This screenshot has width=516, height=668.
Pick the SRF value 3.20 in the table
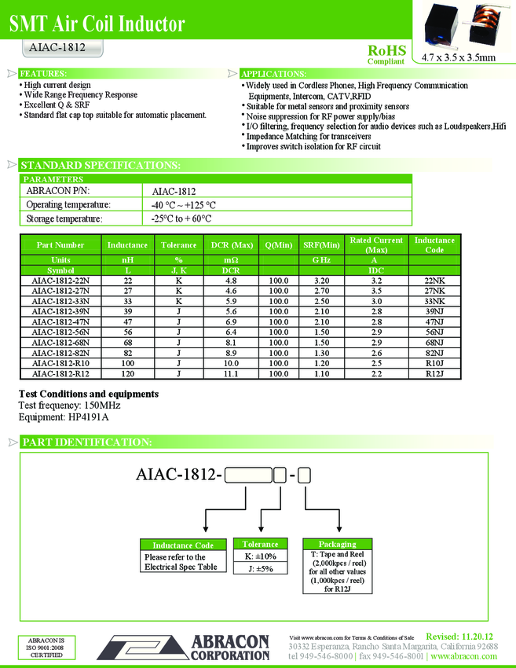[x=321, y=280]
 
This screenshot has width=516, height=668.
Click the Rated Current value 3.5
[x=376, y=290]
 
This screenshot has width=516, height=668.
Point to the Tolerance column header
[x=179, y=245]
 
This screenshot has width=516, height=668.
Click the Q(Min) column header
[x=278, y=245]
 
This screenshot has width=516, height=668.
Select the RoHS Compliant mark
[x=386, y=53]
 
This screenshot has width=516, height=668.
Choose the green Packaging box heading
[x=337, y=544]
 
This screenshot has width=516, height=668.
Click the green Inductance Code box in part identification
[x=182, y=545]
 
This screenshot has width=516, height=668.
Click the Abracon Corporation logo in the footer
[x=185, y=646]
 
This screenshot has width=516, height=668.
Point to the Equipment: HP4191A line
[x=63, y=417]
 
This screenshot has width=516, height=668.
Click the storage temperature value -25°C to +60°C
[x=181, y=219]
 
